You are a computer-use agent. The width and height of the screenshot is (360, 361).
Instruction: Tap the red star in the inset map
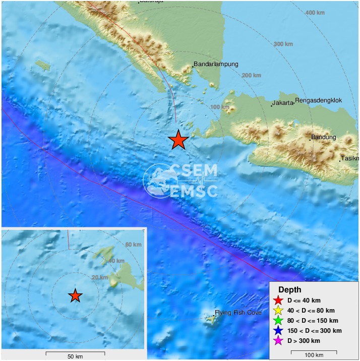75,296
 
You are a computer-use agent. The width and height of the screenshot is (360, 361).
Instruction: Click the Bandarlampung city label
216,65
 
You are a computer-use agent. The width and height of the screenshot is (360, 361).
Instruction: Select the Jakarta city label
283,103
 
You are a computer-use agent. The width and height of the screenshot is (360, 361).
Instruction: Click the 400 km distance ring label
315,12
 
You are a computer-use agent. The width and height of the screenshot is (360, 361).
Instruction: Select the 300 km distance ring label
283,44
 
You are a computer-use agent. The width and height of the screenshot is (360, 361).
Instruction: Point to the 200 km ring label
253,76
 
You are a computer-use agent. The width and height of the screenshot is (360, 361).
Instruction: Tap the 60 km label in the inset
134,245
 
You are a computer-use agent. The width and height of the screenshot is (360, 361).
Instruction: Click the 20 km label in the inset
100,278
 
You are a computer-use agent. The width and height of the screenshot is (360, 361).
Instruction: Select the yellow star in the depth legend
277,311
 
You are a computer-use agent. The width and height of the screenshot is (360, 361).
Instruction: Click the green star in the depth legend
277,321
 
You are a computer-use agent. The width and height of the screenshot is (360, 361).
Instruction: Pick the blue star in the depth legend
277,331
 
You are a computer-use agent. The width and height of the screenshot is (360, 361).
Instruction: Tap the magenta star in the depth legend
277,341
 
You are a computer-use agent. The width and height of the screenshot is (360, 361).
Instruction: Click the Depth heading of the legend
292,290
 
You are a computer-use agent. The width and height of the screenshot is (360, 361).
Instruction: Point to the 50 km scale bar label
75,357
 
